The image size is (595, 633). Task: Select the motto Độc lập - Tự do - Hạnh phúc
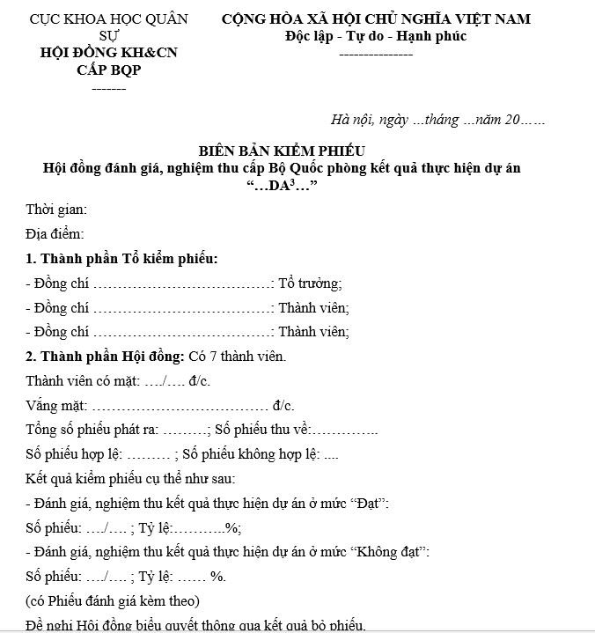(376, 36)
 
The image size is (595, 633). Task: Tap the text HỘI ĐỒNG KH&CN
(109, 53)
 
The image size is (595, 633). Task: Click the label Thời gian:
(56, 210)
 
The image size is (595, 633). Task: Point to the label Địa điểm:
(55, 234)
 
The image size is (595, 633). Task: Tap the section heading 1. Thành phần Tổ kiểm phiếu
(121, 259)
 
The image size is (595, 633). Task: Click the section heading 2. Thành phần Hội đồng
(105, 357)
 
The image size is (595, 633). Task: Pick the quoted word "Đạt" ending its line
(370, 504)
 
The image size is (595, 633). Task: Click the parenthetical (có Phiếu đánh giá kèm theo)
(113, 602)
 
